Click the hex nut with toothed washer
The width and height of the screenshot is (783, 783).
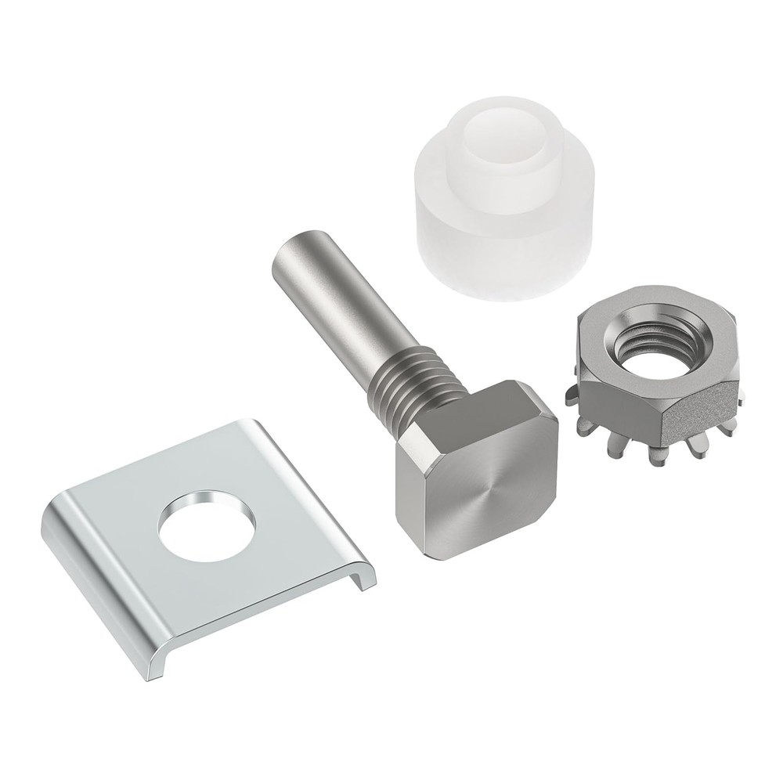pos(658,376)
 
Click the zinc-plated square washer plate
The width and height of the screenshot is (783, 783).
pos(196,548)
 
